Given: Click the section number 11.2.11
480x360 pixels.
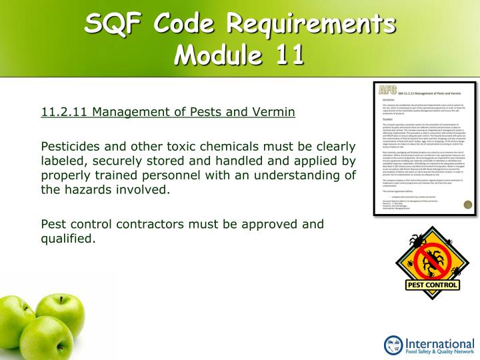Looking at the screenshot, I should coord(65,111).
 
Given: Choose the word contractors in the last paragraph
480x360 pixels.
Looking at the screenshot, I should coord(160,223).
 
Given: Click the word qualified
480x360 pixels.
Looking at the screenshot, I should coord(68,238).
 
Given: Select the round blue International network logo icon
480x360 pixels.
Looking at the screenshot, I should coord(394,345).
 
